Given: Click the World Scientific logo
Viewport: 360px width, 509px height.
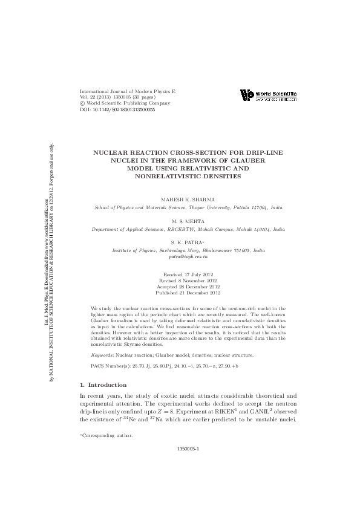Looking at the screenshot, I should point(268,96).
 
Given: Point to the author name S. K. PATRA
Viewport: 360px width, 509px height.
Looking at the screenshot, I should point(188,243).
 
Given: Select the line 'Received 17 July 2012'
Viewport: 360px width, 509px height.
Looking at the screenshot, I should point(188,274).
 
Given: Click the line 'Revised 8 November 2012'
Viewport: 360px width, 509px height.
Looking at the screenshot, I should point(188,280).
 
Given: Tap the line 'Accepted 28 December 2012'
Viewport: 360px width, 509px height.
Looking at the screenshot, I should point(188,287).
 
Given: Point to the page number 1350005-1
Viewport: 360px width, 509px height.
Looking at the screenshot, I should point(188,449).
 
